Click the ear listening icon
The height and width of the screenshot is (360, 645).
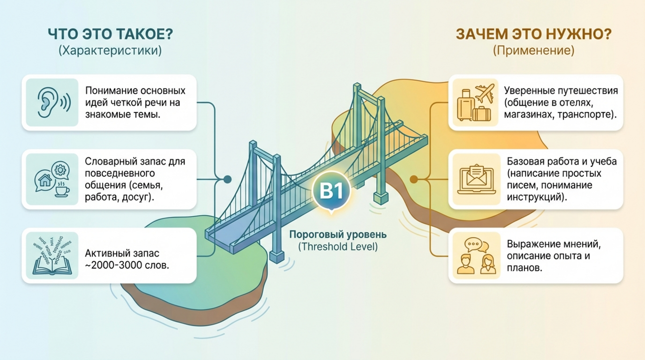[x=52, y=102]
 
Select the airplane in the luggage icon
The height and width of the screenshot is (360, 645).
[x=484, y=93]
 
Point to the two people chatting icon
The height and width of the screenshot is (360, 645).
[x=475, y=257]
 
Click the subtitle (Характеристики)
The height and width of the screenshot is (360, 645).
[x=110, y=51]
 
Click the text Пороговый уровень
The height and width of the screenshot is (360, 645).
[x=338, y=235]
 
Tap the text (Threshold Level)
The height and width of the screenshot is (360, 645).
[x=338, y=247]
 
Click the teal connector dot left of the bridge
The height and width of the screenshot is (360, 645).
[x=228, y=179]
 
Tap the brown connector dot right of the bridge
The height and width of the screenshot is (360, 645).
[x=414, y=179]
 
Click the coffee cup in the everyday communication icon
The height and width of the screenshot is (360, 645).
[x=62, y=191]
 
